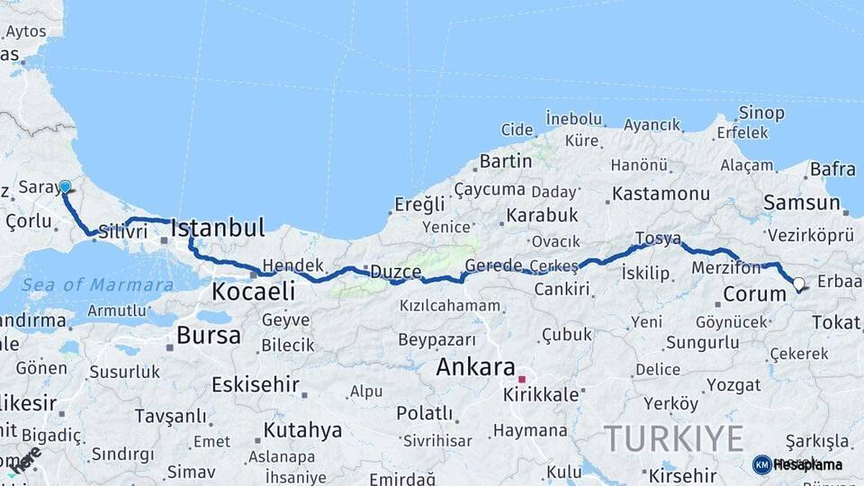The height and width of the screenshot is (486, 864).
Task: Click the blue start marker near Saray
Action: (x=65, y=187)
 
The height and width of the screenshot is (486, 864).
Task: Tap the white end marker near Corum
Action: (x=798, y=284)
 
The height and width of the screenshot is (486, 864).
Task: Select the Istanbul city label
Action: (x=217, y=227)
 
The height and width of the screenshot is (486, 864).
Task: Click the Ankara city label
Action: (x=475, y=367)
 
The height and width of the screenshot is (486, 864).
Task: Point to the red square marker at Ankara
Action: (x=521, y=379)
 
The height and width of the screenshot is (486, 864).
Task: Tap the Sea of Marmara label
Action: (x=97, y=284)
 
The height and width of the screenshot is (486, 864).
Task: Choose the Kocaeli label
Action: (x=253, y=292)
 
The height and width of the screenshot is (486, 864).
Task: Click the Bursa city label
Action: (x=209, y=336)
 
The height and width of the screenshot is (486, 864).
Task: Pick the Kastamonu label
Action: (x=661, y=193)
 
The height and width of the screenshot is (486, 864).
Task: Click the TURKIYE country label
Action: (x=674, y=439)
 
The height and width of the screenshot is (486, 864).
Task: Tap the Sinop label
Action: (x=761, y=113)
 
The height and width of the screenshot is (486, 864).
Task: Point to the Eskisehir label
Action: (x=256, y=384)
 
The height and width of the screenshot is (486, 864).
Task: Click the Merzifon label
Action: (x=725, y=268)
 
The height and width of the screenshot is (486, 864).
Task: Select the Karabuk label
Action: (x=542, y=216)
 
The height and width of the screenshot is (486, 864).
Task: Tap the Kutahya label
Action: (x=302, y=429)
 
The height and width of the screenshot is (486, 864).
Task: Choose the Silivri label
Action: (x=122, y=232)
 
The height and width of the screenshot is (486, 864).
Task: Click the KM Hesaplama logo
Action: (x=797, y=464)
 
